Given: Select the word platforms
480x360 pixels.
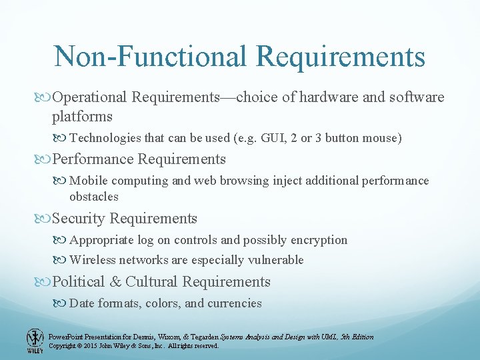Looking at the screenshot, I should pos(83,117).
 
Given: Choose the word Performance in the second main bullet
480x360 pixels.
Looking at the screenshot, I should pos(92,159).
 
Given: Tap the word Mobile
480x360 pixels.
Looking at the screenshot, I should pos(89,181).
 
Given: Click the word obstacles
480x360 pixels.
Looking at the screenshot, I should pos(94,197).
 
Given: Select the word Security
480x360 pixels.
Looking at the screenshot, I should pos(79,219).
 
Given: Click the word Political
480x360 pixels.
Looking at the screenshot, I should pos(79,282).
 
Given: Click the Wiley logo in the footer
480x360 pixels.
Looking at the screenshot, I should pos(35,341).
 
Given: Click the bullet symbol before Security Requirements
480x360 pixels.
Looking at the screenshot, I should pos(45,219).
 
